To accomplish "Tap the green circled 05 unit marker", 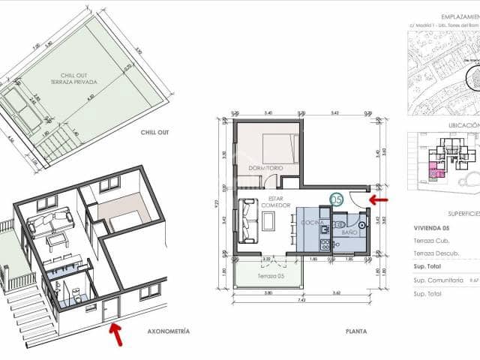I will click(x=337, y=199).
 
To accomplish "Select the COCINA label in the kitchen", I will click(x=312, y=223).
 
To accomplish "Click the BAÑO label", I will click(x=349, y=232).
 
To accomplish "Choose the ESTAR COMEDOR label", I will click(x=268, y=205).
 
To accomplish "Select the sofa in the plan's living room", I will click(x=248, y=219).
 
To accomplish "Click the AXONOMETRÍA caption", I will click(x=169, y=331).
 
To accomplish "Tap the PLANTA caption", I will click(x=355, y=331).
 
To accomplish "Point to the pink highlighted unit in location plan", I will click(x=434, y=170).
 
